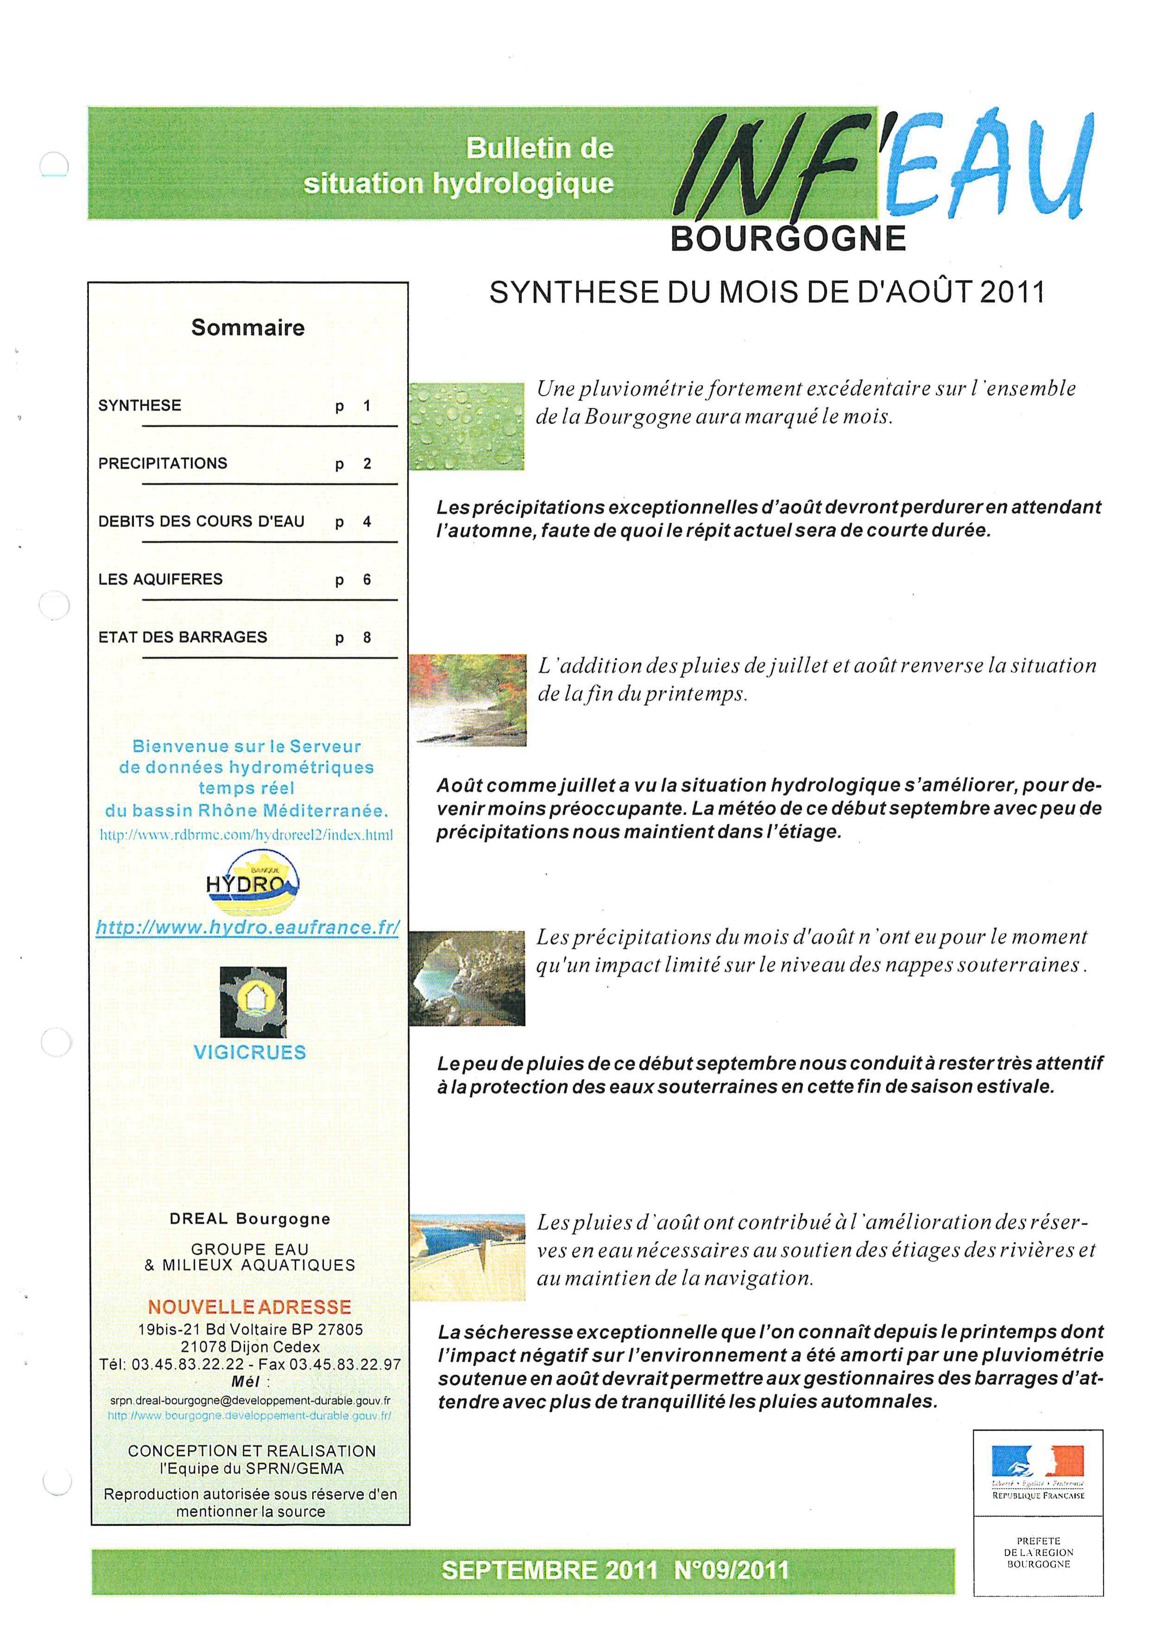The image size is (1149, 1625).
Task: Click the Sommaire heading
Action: click(x=247, y=328)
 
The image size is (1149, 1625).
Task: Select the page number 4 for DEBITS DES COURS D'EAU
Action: click(x=366, y=522)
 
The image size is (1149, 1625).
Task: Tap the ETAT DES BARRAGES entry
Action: click(x=183, y=637)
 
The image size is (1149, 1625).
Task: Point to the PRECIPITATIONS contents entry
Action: click(x=163, y=463)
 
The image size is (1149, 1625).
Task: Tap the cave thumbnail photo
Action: click(x=467, y=978)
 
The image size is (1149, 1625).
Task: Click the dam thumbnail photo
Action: click(x=467, y=1257)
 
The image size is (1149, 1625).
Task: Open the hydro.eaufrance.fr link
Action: click(x=247, y=927)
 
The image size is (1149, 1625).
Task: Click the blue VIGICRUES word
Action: click(x=250, y=1052)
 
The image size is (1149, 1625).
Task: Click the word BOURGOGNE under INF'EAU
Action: click(x=788, y=239)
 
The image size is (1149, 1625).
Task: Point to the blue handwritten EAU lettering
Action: click(x=987, y=166)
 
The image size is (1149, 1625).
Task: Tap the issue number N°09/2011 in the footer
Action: click(x=731, y=1570)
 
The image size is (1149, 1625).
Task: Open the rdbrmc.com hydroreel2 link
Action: click(x=246, y=835)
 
